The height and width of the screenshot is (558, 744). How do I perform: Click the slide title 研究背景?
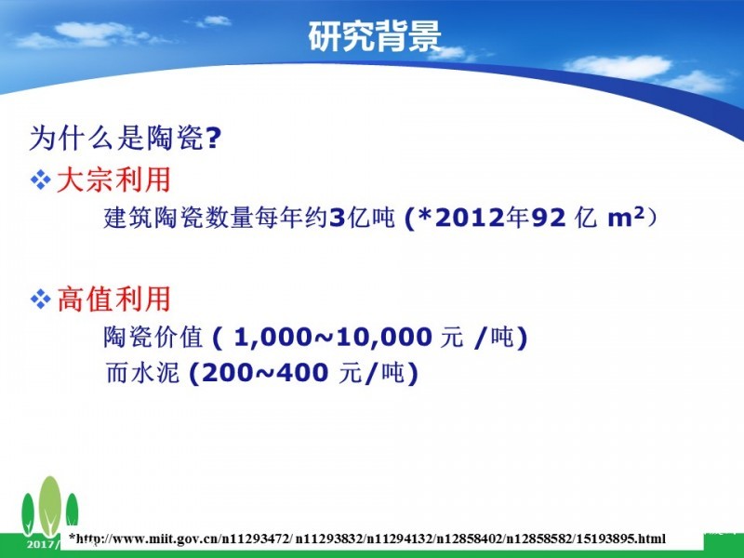375,36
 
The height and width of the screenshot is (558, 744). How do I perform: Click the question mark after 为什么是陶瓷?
214,138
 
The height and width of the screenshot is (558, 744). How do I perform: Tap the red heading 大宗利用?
113,179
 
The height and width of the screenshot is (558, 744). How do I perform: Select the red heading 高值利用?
113,299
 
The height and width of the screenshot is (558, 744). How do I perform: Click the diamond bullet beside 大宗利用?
40,180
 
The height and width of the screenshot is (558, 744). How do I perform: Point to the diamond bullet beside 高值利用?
40,299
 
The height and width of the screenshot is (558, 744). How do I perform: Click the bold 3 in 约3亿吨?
337,219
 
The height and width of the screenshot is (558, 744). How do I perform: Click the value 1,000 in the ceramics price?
272,338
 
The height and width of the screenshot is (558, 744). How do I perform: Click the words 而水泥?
142,373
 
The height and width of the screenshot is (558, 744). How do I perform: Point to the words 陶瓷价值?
153,337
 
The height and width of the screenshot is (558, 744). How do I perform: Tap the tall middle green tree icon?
50,506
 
